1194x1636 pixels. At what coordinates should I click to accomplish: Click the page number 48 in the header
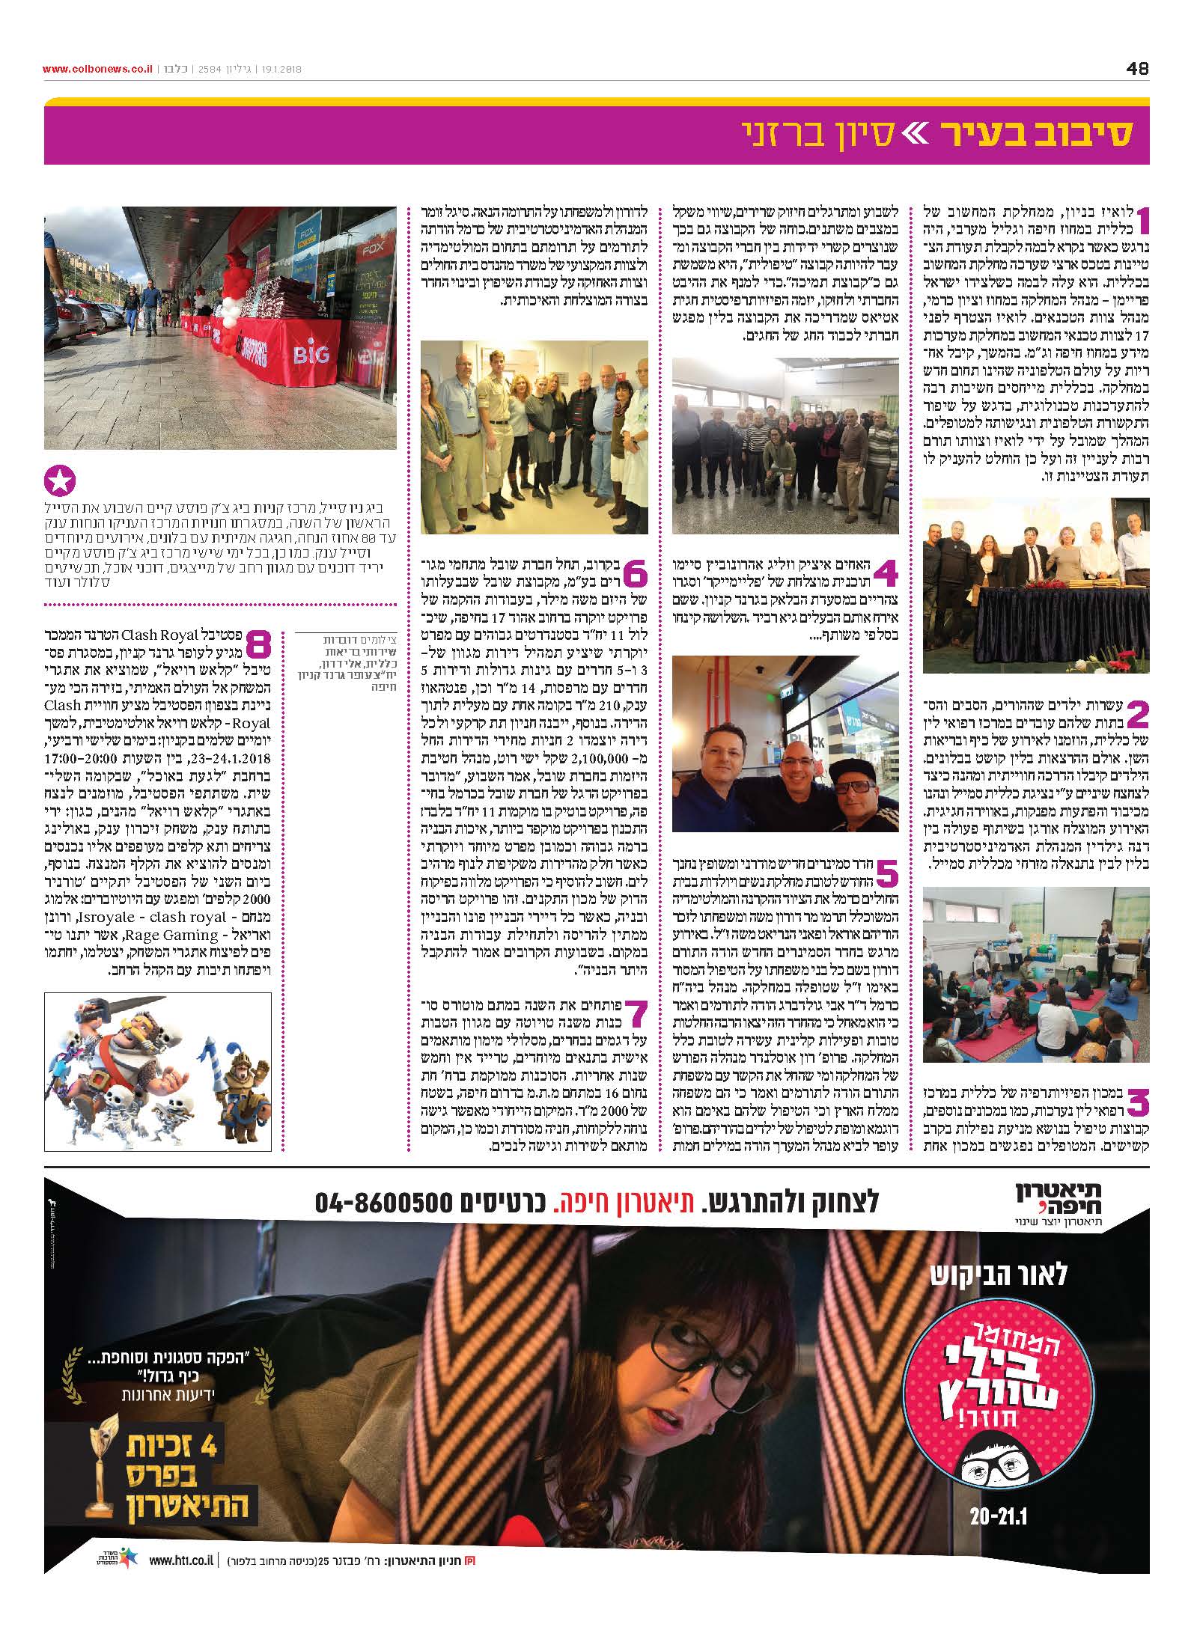pyautogui.click(x=1136, y=69)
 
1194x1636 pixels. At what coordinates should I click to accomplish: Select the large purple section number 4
pyautogui.click(x=885, y=575)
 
